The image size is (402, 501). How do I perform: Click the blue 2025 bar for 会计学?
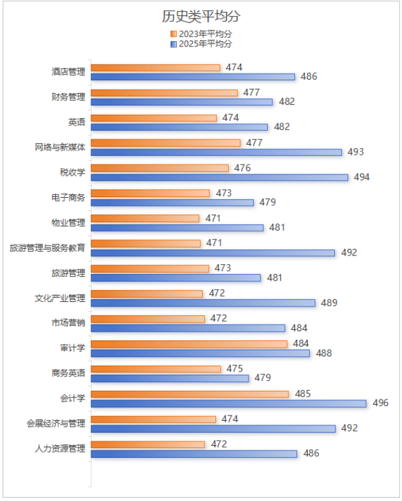[x=228, y=403]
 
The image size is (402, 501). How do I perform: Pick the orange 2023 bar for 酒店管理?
[x=155, y=68]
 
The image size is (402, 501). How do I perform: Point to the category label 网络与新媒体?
[x=60, y=147]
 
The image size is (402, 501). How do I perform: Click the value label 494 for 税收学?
[x=361, y=177]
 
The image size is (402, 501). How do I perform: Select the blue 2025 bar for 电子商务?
[x=172, y=202]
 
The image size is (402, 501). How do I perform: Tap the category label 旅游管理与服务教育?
[x=47, y=248]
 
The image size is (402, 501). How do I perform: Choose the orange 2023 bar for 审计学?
[x=189, y=344]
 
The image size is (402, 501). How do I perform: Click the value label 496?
[x=380, y=403]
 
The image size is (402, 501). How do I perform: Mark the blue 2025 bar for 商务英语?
[x=169, y=378]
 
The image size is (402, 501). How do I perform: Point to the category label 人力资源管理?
[x=60, y=449]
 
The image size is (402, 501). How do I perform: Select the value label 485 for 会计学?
[x=302, y=394]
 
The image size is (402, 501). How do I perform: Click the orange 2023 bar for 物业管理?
[x=145, y=218]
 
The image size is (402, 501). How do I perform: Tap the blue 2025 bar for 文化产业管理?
[x=203, y=303]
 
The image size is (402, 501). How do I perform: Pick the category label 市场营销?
[x=68, y=323]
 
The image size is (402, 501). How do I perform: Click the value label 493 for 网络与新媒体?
[x=355, y=152]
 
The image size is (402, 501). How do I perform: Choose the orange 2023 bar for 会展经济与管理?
[x=153, y=419]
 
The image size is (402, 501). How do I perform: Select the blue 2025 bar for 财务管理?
[x=181, y=102]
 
